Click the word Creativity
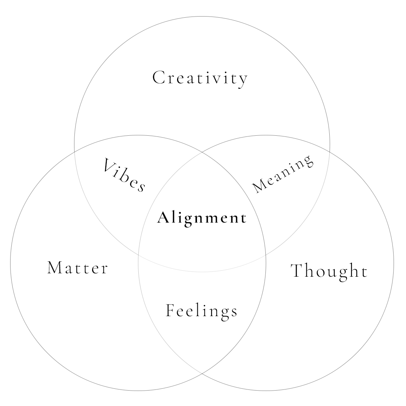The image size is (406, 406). click(200, 78)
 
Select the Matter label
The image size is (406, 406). click(78, 268)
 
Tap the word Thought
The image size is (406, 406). click(329, 271)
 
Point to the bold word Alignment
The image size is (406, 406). click(202, 218)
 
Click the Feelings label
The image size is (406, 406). click(202, 311)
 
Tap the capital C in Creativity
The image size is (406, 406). click(158, 77)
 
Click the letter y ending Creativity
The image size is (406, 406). click(243, 79)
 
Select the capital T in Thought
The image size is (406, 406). click(297, 271)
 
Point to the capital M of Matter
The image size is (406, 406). click(54, 268)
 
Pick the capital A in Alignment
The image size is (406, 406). click(162, 218)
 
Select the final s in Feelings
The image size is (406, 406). click(234, 312)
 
